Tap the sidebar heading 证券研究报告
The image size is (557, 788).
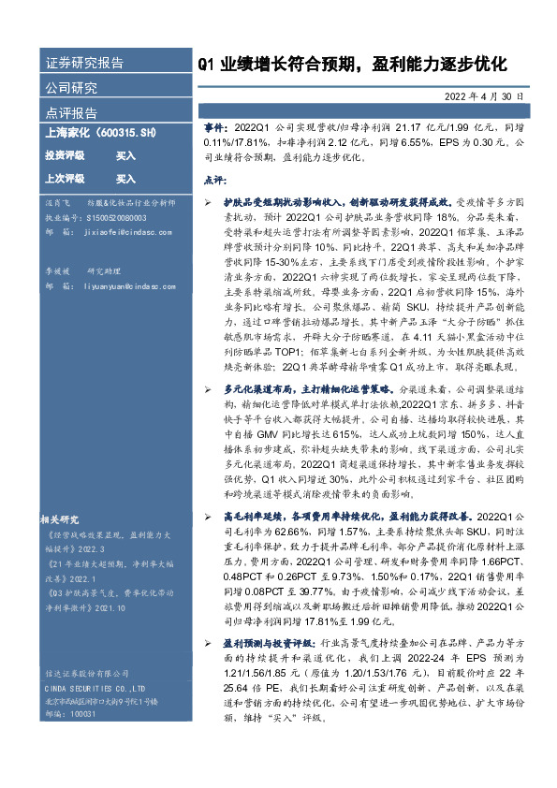pos(84,64)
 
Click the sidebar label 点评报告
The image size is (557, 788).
pos(71,112)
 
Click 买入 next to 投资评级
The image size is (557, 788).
pos(125,155)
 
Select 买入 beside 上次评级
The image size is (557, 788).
pos(125,178)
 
